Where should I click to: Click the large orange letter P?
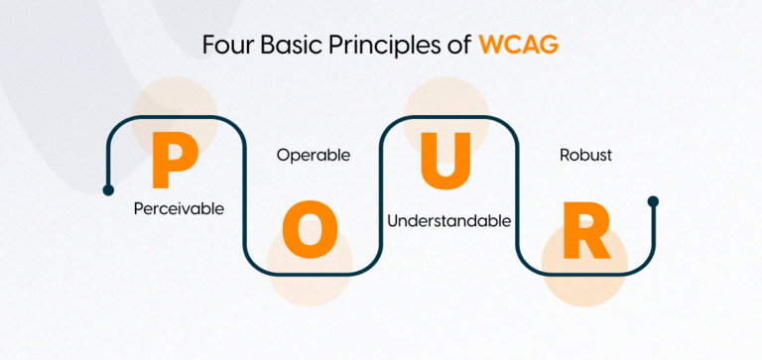pos(174,163)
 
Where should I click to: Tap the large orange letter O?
pos(310,230)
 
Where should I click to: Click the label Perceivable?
pos(179,209)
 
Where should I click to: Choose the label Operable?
pos(313,156)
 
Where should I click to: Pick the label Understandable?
pos(448,220)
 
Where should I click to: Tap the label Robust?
pos(585,156)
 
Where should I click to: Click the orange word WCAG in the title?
pos(518,46)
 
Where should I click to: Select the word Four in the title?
pos(224,46)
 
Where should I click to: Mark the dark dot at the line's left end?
pos(108,188)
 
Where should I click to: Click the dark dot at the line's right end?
pos(653,201)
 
